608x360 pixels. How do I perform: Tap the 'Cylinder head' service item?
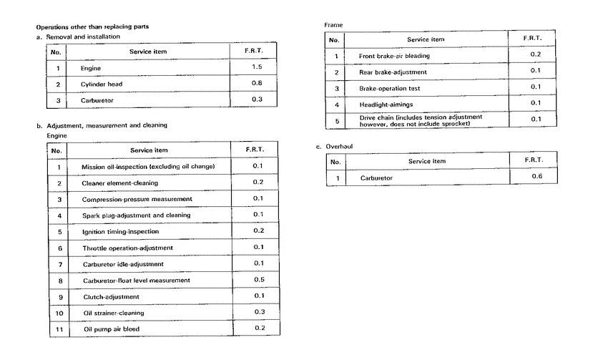pos(102,84)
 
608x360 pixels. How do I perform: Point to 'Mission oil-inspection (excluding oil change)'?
pos(149,167)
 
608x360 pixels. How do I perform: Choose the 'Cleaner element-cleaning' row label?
pos(119,183)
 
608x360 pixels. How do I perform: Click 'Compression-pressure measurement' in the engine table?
pos(137,199)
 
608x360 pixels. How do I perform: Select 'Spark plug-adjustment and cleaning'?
pos(136,215)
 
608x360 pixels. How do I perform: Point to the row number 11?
pos(59,329)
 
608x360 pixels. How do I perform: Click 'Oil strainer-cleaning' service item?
pos(113,313)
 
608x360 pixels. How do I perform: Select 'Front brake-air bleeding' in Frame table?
pos(394,56)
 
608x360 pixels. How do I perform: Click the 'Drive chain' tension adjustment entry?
pos(420,120)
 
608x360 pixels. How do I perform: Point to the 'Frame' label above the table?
pos(333,25)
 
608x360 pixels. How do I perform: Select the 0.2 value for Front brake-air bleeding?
pos(535,55)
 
